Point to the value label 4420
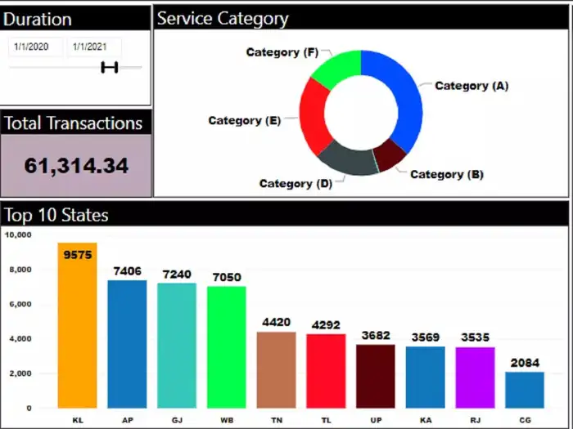[276, 323]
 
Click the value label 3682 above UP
[376, 335]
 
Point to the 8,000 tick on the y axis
[19, 270]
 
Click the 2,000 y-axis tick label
[19, 373]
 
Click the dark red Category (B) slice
[390, 154]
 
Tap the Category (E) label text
[244, 121]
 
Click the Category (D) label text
[296, 183]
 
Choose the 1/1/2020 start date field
[33, 47]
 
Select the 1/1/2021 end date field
[90, 47]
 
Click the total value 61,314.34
[76, 166]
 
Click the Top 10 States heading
[56, 215]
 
